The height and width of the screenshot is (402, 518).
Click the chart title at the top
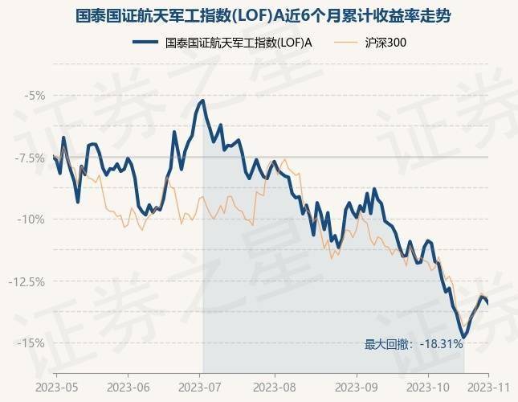259,15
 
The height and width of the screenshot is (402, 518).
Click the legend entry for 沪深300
385,42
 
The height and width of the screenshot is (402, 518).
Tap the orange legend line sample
347,42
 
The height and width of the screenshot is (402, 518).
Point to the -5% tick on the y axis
35,95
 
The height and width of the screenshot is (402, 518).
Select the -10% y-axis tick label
34,219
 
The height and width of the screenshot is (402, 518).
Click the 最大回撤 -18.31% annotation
414,344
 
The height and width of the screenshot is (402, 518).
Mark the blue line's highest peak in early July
202,100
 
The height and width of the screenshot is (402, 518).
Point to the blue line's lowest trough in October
463,337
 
